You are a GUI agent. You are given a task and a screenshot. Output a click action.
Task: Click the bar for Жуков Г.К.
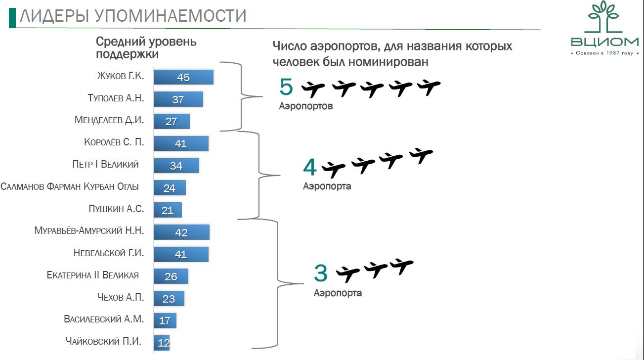183,77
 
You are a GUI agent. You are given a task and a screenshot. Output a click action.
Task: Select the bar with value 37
178,99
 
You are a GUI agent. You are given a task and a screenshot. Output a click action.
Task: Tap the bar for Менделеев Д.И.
172,121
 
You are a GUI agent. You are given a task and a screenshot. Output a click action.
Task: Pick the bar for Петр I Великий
176,166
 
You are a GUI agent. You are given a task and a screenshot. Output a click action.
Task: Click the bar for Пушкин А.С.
168,210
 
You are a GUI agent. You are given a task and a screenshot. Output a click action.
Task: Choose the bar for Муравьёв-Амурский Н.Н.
181,232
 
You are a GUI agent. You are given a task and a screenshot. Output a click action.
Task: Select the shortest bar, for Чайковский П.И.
162,342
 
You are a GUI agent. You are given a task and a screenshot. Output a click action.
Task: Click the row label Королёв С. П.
114,142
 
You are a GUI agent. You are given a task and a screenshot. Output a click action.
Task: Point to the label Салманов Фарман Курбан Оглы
70,187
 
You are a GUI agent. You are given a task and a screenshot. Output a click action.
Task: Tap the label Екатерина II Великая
92,275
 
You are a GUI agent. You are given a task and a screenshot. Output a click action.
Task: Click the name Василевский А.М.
104,319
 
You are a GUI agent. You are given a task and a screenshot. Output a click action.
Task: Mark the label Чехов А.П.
121,297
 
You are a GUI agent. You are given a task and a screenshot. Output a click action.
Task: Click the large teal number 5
286,87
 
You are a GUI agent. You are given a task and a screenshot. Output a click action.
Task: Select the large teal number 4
309,168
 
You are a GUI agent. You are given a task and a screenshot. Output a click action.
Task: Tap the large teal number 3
321,273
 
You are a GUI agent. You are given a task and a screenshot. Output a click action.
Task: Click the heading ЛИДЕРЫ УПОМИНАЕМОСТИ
133,16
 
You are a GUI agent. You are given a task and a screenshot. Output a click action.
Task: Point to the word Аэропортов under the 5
305,106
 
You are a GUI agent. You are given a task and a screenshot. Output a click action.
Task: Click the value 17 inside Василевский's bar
165,320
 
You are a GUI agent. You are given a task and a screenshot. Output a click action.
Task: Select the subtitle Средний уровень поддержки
146,48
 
